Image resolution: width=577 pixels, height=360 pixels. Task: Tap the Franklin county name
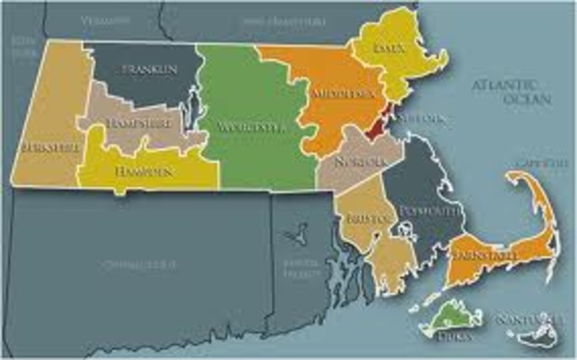click(150, 69)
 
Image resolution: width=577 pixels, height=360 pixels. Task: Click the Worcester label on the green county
click(252, 128)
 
